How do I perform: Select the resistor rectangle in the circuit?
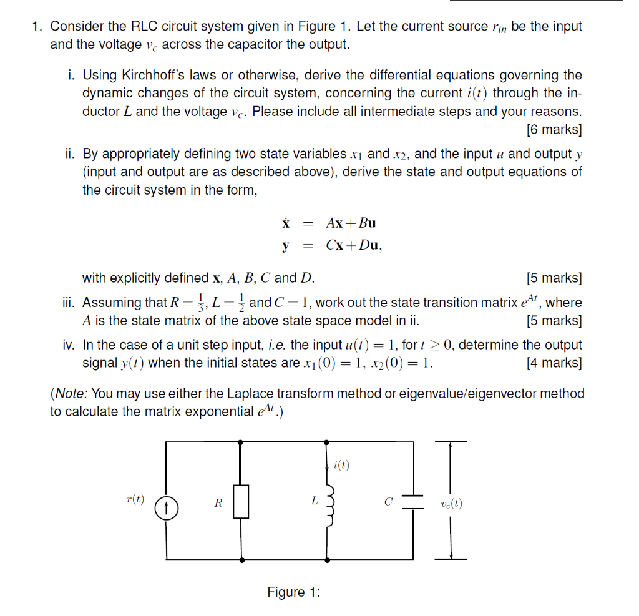[241, 502]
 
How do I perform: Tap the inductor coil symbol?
[329, 502]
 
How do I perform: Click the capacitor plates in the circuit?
[412, 502]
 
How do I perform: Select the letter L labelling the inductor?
[314, 501]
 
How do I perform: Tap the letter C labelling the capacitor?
[388, 501]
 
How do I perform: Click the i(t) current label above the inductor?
[341, 464]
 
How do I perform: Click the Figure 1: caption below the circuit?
[293, 592]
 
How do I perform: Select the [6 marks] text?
[554, 130]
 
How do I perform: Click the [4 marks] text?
[554, 363]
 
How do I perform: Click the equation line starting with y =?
[331, 246]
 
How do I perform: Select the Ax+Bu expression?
[351, 223]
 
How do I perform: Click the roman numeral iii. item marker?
[70, 303]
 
